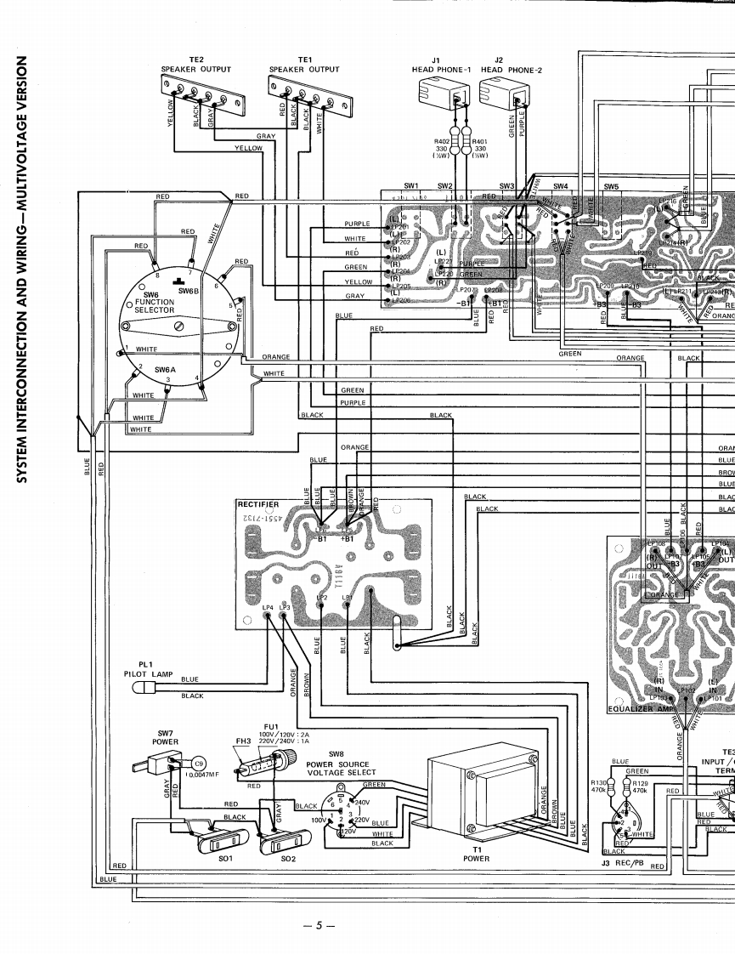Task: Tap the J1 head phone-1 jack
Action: [441, 92]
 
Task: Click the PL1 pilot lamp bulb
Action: [145, 685]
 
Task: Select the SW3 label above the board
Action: [506, 185]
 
